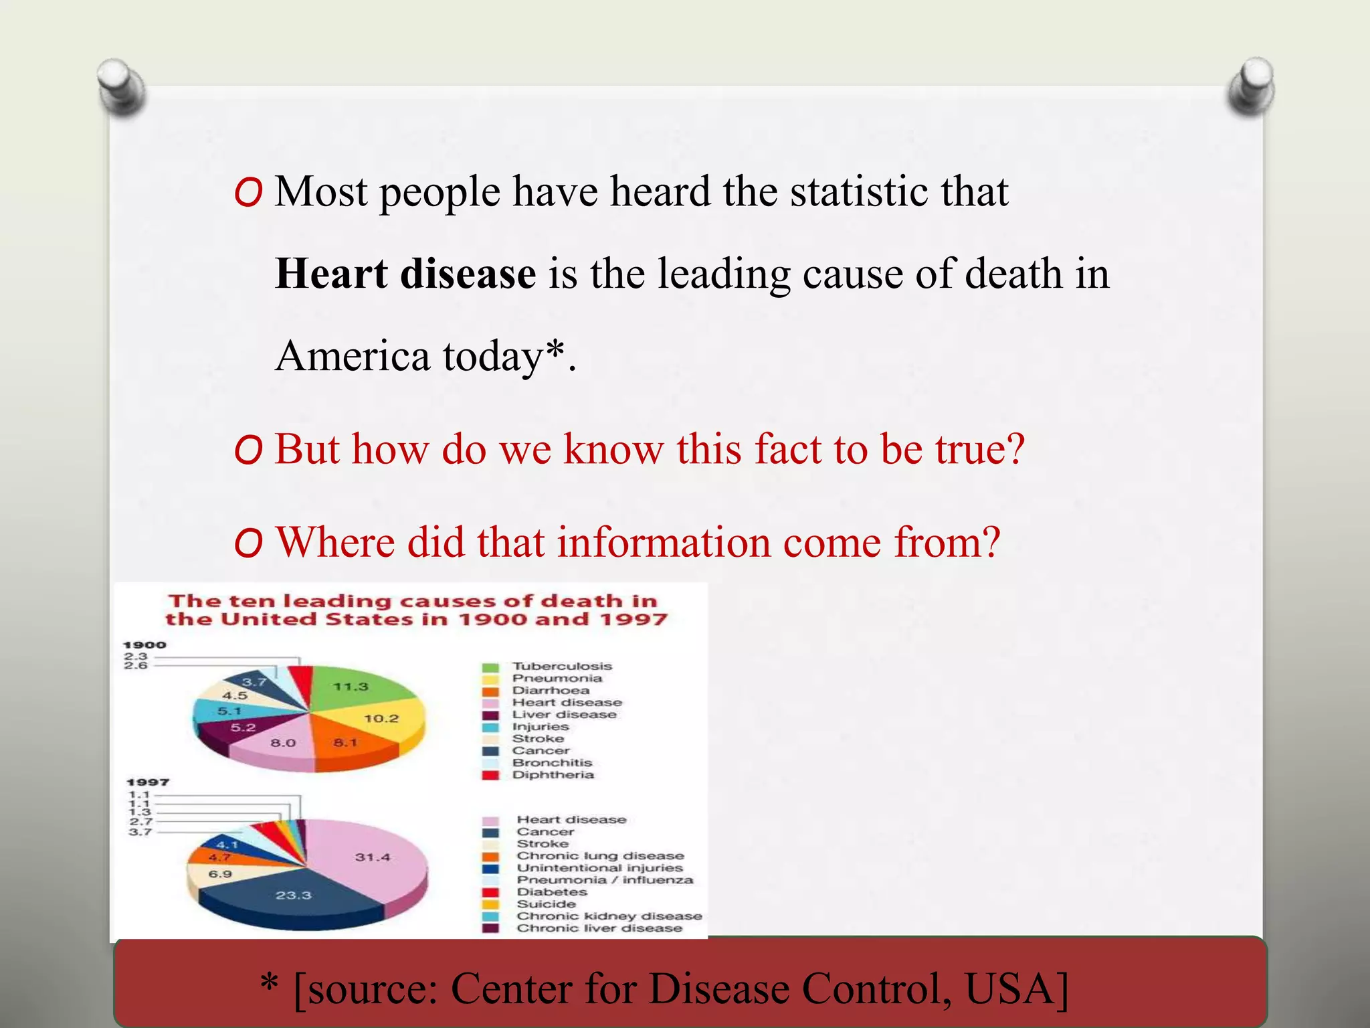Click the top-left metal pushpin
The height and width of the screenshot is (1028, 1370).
120,86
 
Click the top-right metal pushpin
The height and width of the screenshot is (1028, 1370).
1250,86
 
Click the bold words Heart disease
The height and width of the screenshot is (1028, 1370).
405,274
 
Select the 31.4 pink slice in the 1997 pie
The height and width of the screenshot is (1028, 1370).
371,857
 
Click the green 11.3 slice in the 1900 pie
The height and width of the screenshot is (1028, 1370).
351,687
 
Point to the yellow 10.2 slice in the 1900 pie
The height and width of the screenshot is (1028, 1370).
381,719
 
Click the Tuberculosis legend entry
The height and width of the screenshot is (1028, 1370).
561,667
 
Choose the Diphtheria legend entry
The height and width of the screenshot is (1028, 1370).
553,775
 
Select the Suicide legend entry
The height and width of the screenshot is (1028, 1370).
546,904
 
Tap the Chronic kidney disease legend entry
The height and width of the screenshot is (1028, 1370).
609,916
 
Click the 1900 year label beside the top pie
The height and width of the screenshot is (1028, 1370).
144,645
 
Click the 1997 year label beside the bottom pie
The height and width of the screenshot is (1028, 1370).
148,782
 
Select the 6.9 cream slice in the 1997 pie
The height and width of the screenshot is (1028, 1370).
220,874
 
